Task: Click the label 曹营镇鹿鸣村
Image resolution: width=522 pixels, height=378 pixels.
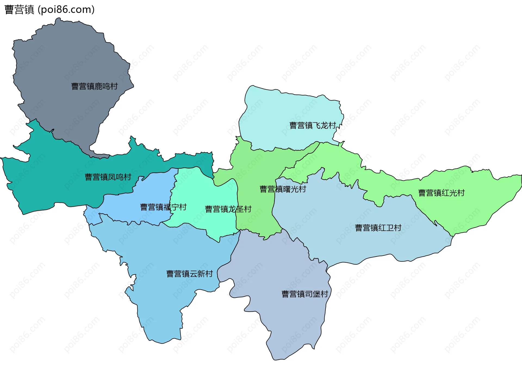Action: click(x=94, y=86)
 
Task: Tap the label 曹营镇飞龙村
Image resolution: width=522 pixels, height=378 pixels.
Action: click(x=313, y=126)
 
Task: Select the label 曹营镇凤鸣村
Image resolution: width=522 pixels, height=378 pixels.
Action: click(x=108, y=177)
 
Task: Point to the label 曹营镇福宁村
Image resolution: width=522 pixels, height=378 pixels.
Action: click(x=163, y=207)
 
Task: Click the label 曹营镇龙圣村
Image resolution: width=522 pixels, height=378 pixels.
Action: click(x=228, y=209)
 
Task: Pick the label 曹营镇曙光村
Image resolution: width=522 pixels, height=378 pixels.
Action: click(x=283, y=189)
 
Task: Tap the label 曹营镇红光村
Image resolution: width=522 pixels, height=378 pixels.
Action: click(x=441, y=193)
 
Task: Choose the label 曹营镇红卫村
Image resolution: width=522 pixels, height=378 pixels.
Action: click(x=378, y=228)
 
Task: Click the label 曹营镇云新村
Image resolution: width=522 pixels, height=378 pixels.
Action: click(x=189, y=274)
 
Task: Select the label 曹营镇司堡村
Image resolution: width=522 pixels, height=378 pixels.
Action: click(x=305, y=294)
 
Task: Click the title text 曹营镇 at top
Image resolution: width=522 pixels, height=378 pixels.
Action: click(x=19, y=10)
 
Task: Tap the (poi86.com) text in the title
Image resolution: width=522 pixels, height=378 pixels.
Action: click(x=66, y=10)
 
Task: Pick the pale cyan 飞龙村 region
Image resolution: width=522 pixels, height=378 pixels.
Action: click(x=285, y=109)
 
